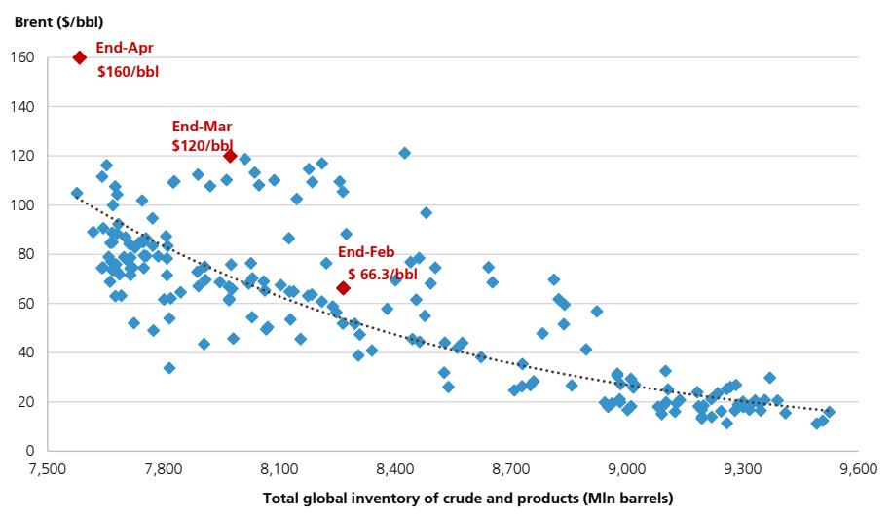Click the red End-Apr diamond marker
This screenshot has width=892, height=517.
[80, 57]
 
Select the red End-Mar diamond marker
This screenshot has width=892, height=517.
[230, 156]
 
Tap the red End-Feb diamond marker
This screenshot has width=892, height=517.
[343, 287]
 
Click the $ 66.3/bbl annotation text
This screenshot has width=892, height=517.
[383, 275]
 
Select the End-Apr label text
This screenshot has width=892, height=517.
[124, 47]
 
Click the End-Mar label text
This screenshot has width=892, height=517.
[202, 127]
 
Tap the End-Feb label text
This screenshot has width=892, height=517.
[366, 252]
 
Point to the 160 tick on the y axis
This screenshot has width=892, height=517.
[25, 57]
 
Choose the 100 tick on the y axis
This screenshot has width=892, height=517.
[25, 205]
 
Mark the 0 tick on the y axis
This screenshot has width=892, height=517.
[31, 451]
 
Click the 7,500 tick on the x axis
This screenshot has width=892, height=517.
[47, 468]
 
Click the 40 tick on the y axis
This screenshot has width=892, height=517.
[28, 352]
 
